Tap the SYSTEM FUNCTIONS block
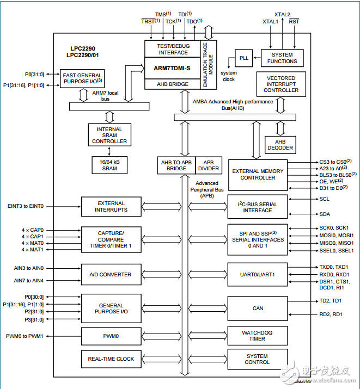[x=282, y=58]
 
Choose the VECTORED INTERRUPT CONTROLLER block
[x=280, y=84]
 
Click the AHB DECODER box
[x=280, y=144]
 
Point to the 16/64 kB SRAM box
[x=110, y=165]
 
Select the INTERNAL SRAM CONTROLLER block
[x=109, y=135]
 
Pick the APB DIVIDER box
[x=209, y=165]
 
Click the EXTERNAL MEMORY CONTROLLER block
[x=258, y=175]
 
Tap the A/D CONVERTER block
[x=110, y=275]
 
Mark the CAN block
[x=258, y=308]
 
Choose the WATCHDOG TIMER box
[x=258, y=335]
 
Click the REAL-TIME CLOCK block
[x=110, y=359]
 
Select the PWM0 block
[x=110, y=336]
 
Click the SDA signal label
[x=324, y=214]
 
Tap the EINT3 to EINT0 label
[x=26, y=206]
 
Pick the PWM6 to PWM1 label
[x=25, y=336]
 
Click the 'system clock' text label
[x=229, y=76]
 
